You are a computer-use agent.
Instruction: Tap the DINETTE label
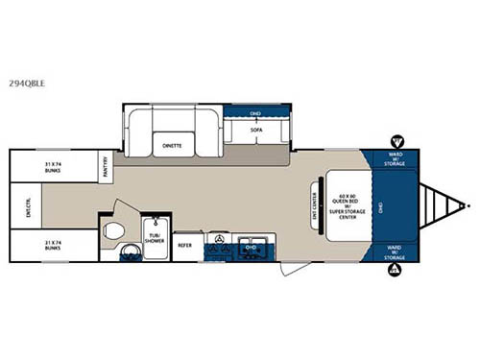pyautogui.click(x=173, y=146)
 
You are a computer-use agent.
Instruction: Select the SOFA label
pyautogui.click(x=256, y=128)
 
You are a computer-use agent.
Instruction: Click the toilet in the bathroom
pyautogui.click(x=113, y=230)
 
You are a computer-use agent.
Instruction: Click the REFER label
pyautogui.click(x=185, y=245)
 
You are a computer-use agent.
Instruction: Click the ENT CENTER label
pyautogui.click(x=315, y=204)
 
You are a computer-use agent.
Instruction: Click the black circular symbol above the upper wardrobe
pyautogui.click(x=398, y=142)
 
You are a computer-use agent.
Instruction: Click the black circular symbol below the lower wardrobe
pyautogui.click(x=393, y=271)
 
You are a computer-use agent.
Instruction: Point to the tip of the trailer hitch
pyautogui.click(x=468, y=205)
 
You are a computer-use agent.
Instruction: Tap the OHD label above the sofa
pyautogui.click(x=255, y=113)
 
